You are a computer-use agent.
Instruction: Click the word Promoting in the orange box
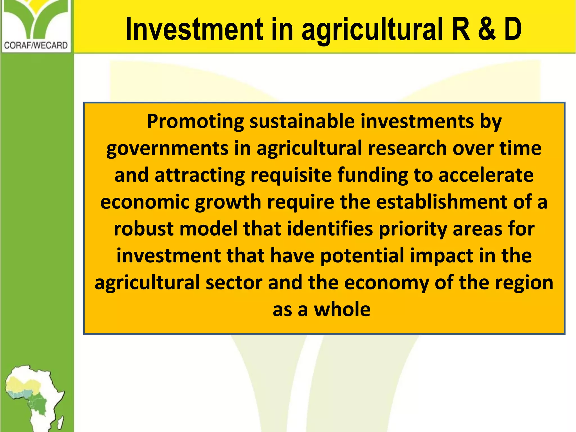(x=195, y=121)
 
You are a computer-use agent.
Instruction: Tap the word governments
(x=167, y=148)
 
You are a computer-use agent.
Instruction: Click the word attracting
(x=200, y=175)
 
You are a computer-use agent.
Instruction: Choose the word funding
(x=373, y=175)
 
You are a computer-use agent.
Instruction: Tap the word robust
(x=143, y=229)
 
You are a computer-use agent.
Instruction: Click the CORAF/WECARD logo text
(x=36, y=45)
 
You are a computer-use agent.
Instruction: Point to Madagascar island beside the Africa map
(x=61, y=422)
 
